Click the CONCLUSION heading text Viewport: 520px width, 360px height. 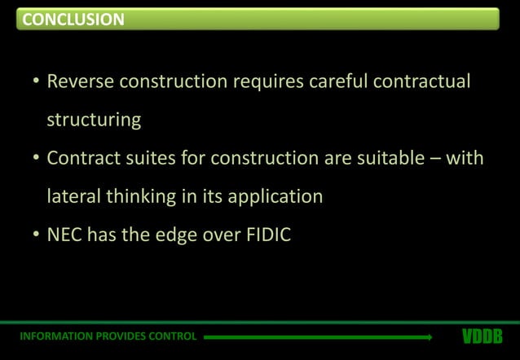pyautogui.click(x=73, y=20)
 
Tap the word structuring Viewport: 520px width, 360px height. pyautogui.click(x=94, y=120)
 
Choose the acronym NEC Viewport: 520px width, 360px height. pyautogui.click(x=64, y=235)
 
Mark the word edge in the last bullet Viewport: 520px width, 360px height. pyautogui.click(x=172, y=235)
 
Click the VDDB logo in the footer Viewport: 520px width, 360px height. pyautogui.click(x=482, y=336)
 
